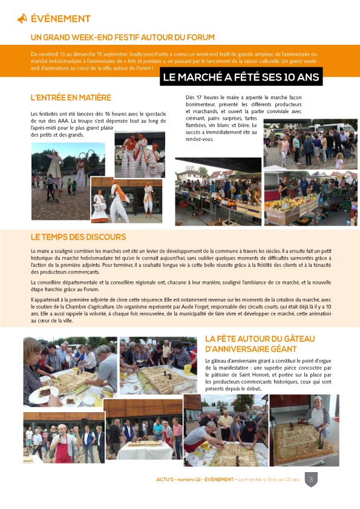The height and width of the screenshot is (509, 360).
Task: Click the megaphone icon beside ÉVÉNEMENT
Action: pos(22,19)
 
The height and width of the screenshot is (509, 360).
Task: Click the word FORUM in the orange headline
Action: pos(198,38)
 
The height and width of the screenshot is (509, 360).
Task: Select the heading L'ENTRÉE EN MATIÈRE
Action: pos(71,98)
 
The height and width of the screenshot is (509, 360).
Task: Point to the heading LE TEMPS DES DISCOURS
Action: pos(78,237)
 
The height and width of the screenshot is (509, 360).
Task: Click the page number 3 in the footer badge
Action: pos(311,479)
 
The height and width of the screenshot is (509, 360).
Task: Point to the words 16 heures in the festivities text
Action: pos(114,113)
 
